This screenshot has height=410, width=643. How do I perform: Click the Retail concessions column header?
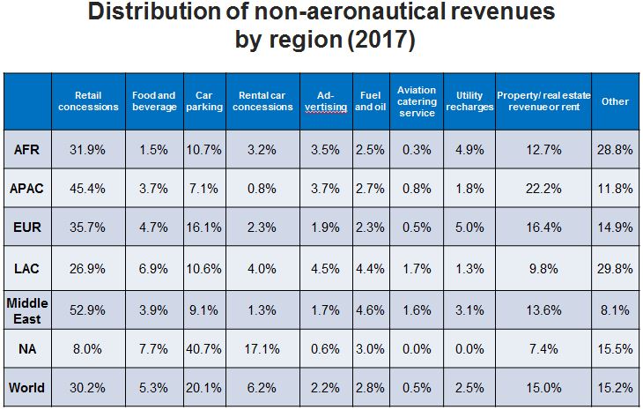[88, 101]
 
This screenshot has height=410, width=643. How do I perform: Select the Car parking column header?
[203, 101]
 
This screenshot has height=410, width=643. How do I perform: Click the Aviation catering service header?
[417, 101]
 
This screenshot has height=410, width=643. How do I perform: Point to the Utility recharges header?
[468, 101]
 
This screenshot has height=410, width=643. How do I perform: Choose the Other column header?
[615, 101]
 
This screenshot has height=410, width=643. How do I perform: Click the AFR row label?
[27, 150]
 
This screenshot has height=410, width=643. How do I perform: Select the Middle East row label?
[27, 309]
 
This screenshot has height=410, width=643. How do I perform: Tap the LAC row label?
[27, 269]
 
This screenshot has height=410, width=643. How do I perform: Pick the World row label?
[27, 388]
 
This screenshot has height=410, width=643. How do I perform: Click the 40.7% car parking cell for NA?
[203, 349]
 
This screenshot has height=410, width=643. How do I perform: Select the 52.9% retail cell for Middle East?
[88, 309]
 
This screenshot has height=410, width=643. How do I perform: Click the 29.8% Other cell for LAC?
[615, 269]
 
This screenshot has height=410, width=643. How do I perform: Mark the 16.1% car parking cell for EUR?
[203, 229]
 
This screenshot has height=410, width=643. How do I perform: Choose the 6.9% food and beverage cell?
[154, 269]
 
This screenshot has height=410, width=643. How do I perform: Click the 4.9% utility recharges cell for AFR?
[468, 150]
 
